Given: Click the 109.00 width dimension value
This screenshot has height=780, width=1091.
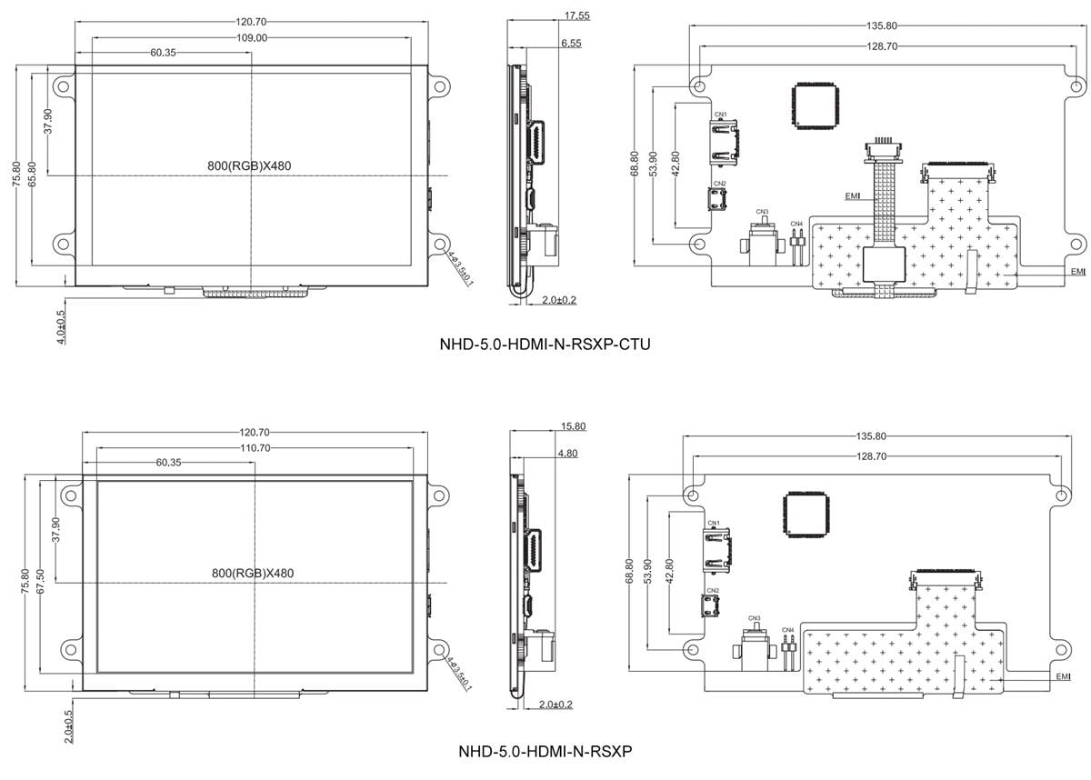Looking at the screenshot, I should [253, 38].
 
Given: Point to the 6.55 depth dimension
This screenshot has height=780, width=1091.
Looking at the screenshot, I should [572, 43].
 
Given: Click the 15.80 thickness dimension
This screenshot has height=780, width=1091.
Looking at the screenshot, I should [574, 425].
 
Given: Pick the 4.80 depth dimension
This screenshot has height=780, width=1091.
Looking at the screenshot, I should [567, 453].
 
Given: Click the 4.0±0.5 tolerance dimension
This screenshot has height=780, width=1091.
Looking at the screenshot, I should [61, 325].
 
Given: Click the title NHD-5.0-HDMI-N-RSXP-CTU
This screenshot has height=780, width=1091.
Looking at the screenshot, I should [545, 345].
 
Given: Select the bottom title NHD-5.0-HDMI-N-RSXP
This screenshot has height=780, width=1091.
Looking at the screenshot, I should [545, 752].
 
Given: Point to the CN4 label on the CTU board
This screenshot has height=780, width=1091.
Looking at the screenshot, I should [796, 224].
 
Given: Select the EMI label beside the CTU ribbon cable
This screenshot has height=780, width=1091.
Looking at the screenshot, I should [853, 195].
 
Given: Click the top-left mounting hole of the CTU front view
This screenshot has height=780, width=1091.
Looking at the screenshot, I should [62, 87].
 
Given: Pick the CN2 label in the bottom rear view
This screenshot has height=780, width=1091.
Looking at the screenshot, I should [713, 590].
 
